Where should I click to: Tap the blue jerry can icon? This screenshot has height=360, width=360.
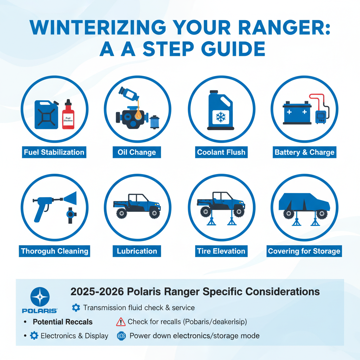[46, 115]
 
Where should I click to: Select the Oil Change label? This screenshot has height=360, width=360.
[137, 153]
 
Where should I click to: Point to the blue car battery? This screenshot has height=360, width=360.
[297, 114]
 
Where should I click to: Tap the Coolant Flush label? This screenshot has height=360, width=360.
[221, 153]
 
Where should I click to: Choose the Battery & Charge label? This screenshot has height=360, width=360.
[304, 153]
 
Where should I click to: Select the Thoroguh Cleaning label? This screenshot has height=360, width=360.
[54, 251]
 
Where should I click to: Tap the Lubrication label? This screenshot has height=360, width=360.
[137, 251]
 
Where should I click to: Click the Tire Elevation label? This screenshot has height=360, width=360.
[221, 251]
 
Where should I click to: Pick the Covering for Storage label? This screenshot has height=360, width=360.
[304, 251]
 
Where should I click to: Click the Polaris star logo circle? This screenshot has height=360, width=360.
[40, 296]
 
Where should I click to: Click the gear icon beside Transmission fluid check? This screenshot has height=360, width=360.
[76, 308]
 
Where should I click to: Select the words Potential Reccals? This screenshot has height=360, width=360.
[63, 322]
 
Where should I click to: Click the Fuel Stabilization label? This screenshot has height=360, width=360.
[54, 153]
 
